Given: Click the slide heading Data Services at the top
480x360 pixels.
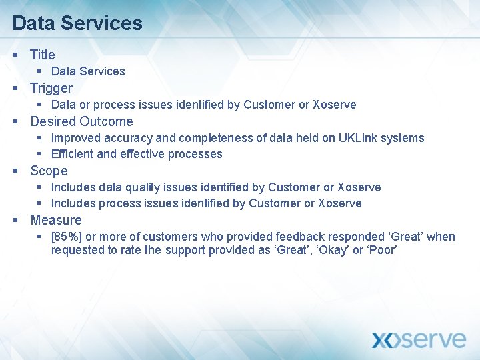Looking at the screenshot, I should [x=77, y=23].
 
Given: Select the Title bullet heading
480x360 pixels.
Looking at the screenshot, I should [x=43, y=55].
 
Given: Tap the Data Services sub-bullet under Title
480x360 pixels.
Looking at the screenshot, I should [x=88, y=71].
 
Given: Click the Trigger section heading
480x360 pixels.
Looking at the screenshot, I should [x=51, y=88].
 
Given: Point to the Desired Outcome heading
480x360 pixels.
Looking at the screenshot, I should [x=81, y=121].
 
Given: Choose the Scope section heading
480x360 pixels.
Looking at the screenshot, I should [x=49, y=171].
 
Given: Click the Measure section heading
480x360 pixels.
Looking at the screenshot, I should [x=56, y=220].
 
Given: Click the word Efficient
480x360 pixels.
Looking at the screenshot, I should [x=72, y=154].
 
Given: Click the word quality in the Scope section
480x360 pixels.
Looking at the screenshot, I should [x=137, y=187].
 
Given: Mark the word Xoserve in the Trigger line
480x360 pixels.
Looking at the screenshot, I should [x=335, y=105].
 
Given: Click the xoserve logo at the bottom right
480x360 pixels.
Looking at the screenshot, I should [x=418, y=339].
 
